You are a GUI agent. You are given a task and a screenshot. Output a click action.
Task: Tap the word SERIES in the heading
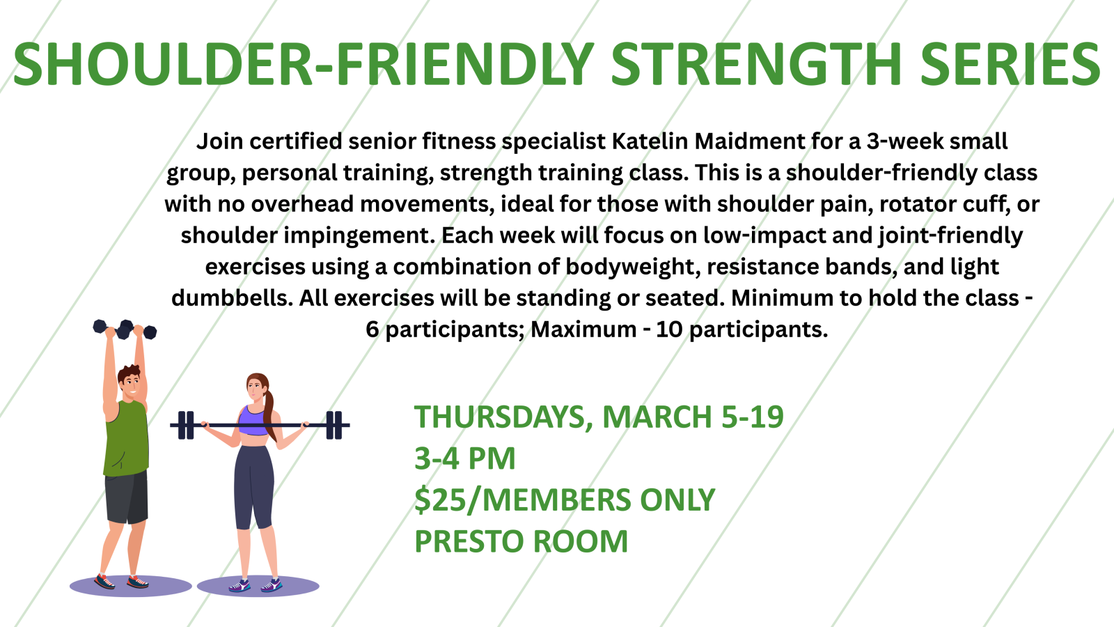(x=1010, y=63)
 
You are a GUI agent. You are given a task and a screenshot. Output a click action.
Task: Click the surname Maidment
(x=749, y=141)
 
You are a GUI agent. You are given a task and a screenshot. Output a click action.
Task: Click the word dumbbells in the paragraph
(x=233, y=298)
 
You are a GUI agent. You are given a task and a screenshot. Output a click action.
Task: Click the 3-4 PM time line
(x=465, y=458)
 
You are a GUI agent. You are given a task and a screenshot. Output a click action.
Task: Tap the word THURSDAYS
(x=503, y=417)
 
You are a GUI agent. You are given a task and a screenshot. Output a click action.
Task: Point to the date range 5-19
(x=752, y=417)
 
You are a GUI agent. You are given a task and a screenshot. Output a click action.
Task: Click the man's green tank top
(x=126, y=438)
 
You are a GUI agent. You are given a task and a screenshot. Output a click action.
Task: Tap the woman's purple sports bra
(x=253, y=421)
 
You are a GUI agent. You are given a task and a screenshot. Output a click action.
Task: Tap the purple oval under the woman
(x=258, y=586)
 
